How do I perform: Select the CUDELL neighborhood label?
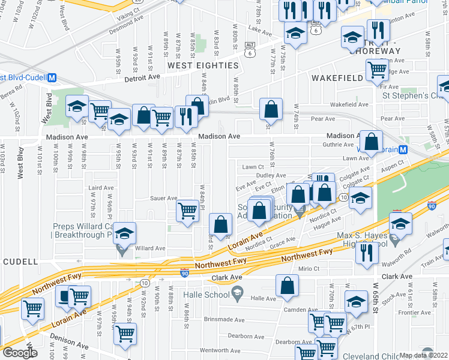[20, 262]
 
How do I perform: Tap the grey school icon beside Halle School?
[238, 293]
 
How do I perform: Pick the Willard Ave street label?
[150, 248]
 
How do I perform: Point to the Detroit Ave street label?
[142, 77]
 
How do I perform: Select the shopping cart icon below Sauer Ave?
[188, 212]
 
